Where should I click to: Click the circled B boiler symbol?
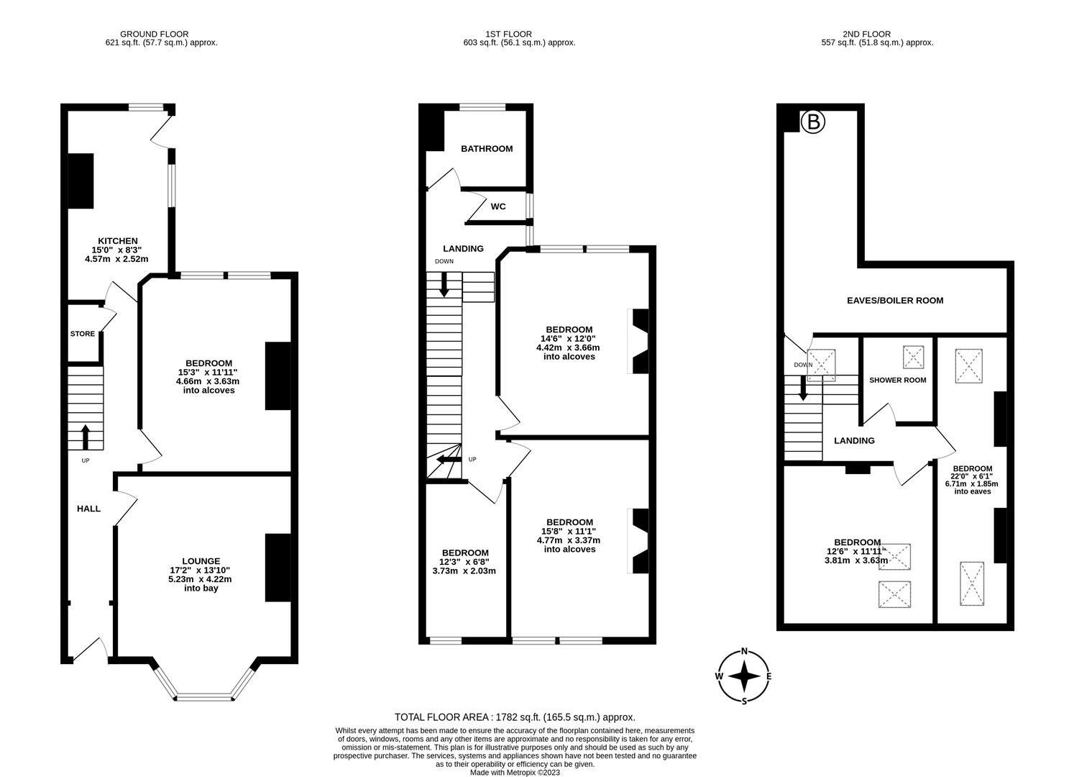point(813,122)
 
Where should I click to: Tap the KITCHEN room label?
point(118,241)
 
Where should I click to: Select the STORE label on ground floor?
point(83,334)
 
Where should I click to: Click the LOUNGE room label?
point(201,560)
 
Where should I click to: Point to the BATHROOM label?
point(487,149)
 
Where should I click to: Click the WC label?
point(498,206)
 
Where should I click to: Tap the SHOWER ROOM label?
point(897,380)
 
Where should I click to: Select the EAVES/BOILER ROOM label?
point(894,301)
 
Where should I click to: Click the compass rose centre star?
point(744,676)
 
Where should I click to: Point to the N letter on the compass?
point(745,652)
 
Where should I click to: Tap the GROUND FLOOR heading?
point(154,34)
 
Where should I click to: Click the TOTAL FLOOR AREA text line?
point(515,717)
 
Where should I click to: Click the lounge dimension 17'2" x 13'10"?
point(201,570)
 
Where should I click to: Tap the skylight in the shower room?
point(914,356)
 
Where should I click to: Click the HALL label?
point(89,509)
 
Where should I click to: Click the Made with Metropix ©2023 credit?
point(515,773)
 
